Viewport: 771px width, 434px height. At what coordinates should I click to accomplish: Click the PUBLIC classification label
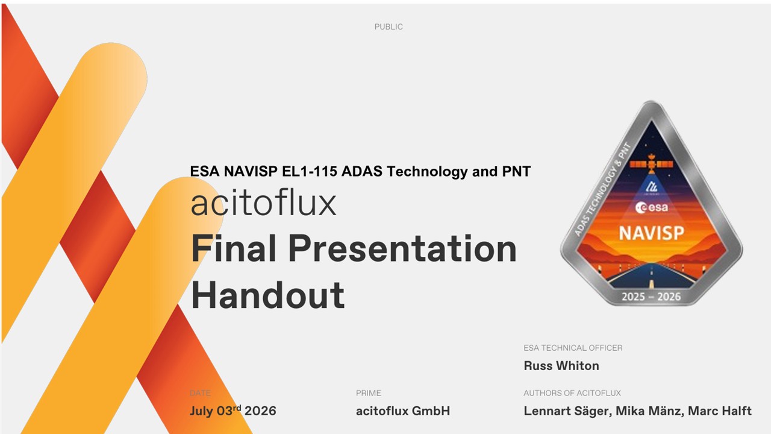[389, 27]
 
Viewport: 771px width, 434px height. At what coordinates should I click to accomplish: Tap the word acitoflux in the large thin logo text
[263, 203]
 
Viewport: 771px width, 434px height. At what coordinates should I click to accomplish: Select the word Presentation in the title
[402, 248]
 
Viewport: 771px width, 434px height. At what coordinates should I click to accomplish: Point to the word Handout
[268, 295]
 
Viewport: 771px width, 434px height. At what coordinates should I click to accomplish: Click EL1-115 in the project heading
[310, 171]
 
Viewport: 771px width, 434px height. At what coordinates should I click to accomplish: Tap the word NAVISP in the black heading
[251, 171]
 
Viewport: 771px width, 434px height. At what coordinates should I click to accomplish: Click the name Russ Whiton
[561, 365]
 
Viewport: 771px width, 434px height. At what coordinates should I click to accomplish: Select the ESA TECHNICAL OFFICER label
[573, 348]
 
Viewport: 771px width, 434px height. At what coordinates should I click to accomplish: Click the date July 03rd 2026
[233, 410]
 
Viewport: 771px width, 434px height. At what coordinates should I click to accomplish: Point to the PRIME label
[369, 393]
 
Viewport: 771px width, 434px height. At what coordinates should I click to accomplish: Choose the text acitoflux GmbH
[403, 411]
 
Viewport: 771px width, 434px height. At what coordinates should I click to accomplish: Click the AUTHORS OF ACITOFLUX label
[572, 393]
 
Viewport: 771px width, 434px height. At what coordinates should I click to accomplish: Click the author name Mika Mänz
[649, 411]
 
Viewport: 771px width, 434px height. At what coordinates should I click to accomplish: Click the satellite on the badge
[652, 163]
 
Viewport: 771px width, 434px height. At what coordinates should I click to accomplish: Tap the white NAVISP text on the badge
[652, 233]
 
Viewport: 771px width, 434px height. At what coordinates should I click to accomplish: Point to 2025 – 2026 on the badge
[651, 297]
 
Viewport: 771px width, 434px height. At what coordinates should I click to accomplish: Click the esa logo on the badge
[652, 207]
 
